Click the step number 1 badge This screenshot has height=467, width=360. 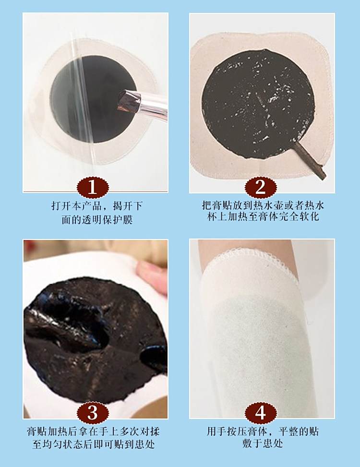pos(93,188)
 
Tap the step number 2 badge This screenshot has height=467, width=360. pos(261,188)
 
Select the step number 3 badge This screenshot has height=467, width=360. pos(93,413)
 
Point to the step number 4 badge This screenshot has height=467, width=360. pos(261,413)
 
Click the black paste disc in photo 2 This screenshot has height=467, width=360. pos(258,103)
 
